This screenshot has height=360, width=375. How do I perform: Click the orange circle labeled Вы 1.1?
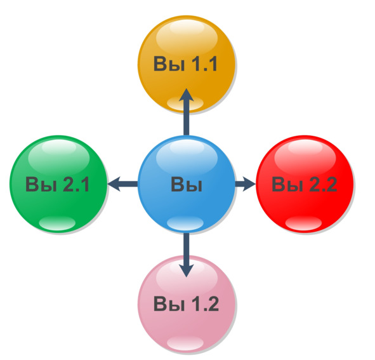(187, 64)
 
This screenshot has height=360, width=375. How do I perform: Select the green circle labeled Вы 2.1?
(58, 184)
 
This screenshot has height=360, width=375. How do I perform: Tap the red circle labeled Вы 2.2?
(305, 184)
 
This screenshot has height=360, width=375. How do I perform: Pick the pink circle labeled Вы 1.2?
(187, 304)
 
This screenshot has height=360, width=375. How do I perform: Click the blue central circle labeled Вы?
(187, 184)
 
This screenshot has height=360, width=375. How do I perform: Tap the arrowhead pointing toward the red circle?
(249, 184)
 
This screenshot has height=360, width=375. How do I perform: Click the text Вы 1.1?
(185, 64)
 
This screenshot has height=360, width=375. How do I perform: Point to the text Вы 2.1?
(57, 184)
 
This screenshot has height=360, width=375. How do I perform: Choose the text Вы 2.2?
(305, 184)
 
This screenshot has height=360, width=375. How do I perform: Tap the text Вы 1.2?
(186, 303)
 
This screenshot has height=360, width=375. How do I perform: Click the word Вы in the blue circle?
(187, 185)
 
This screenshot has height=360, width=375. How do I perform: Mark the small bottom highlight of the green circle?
(57, 223)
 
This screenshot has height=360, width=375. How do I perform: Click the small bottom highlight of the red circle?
(303, 223)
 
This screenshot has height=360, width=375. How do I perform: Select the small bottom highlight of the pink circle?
(185, 343)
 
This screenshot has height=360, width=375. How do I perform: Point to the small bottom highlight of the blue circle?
(185, 223)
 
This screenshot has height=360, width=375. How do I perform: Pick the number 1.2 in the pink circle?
(205, 303)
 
